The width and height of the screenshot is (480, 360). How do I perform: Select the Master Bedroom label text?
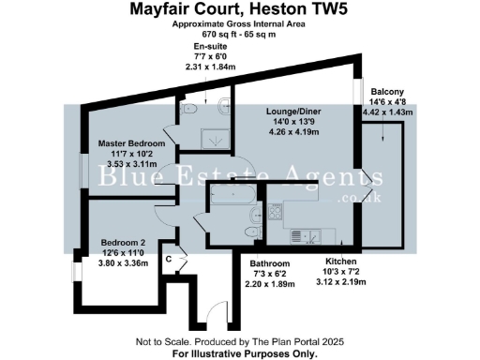[x=132, y=143]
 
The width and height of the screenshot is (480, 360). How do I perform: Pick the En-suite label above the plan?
[x=210, y=46]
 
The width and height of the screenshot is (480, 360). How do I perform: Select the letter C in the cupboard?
[x=169, y=259]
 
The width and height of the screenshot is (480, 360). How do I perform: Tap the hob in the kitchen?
[x=277, y=212]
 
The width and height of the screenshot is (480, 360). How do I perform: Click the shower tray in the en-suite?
[x=217, y=138]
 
